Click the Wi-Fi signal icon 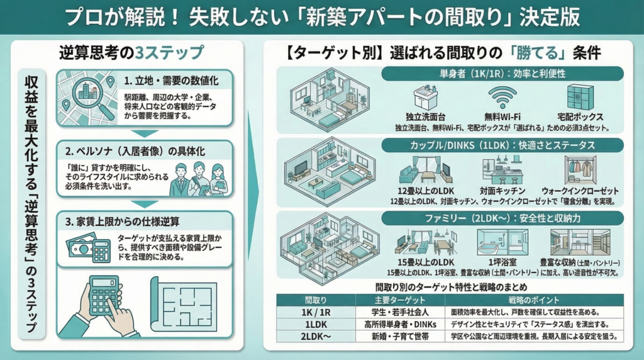tap(502, 98)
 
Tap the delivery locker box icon tap(580, 98)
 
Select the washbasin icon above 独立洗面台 tap(425, 98)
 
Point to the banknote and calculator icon tap(88, 248)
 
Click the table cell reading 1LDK tap(316, 324)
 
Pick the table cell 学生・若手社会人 tap(399, 312)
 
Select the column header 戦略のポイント tap(533, 300)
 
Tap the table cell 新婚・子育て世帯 tap(399, 336)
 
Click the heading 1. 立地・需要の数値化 tap(171, 81)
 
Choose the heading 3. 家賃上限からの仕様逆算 tap(122, 222)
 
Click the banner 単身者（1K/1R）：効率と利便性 tap(502, 74)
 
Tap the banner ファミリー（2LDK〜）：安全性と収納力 tap(502, 218)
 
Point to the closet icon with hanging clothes tap(580, 170)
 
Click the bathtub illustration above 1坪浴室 tap(502, 242)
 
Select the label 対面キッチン tap(502, 191)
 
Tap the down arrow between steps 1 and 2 tap(145, 133)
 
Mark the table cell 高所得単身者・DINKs tap(400, 324)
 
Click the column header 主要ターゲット tap(400, 300)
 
